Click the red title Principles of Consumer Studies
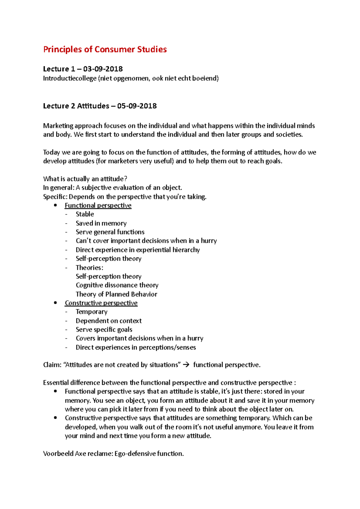(105, 49)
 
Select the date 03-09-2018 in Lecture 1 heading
(103, 69)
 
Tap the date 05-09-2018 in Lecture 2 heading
(137, 106)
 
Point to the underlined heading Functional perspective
(98, 206)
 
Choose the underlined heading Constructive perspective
(101, 303)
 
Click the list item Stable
(85, 214)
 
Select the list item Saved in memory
(101, 223)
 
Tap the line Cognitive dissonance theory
(117, 285)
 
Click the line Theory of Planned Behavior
(116, 294)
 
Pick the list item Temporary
(91, 312)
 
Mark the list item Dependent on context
(109, 321)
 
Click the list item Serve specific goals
(104, 329)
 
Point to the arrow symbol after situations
(186, 365)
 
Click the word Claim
(52, 365)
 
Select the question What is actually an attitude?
(85, 179)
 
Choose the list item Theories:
(89, 268)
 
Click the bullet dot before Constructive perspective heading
(55, 303)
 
